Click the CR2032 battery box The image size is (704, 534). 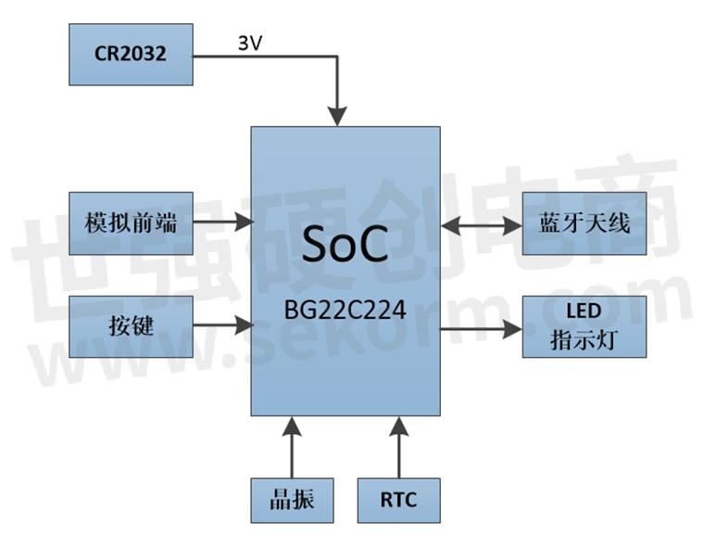tap(131, 55)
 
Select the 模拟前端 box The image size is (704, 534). tap(131, 222)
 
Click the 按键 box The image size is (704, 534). tap(131, 326)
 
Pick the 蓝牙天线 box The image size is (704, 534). tap(584, 223)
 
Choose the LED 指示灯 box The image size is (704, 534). tap(584, 326)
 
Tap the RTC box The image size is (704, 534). tap(398, 501)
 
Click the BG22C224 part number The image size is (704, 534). tap(345, 310)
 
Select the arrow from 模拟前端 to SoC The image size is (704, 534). tap(222, 222)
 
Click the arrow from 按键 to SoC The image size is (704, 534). tap(222, 325)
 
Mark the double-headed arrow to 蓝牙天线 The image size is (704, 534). tap(481, 223)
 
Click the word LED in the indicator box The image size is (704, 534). tap(584, 312)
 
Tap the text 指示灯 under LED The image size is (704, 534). tap(584, 339)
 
